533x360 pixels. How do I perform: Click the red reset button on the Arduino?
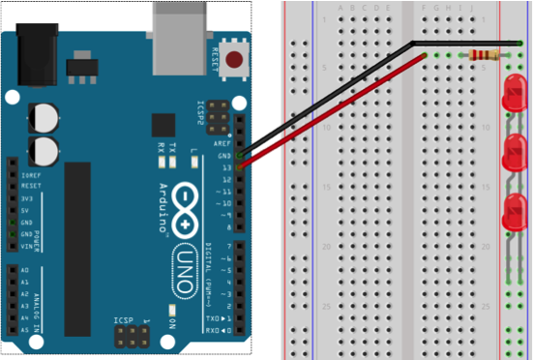point(233,60)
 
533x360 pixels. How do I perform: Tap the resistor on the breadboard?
point(484,55)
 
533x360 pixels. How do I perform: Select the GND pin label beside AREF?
point(223,155)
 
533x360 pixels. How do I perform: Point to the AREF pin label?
point(222,142)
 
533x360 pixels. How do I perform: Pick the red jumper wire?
point(329,111)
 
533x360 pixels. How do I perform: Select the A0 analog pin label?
point(25,270)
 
